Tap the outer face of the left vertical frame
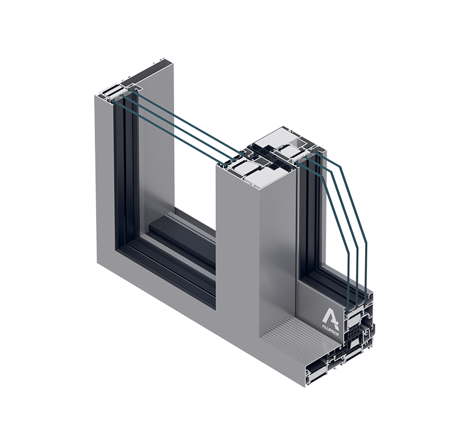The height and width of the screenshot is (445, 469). coord(106,176)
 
